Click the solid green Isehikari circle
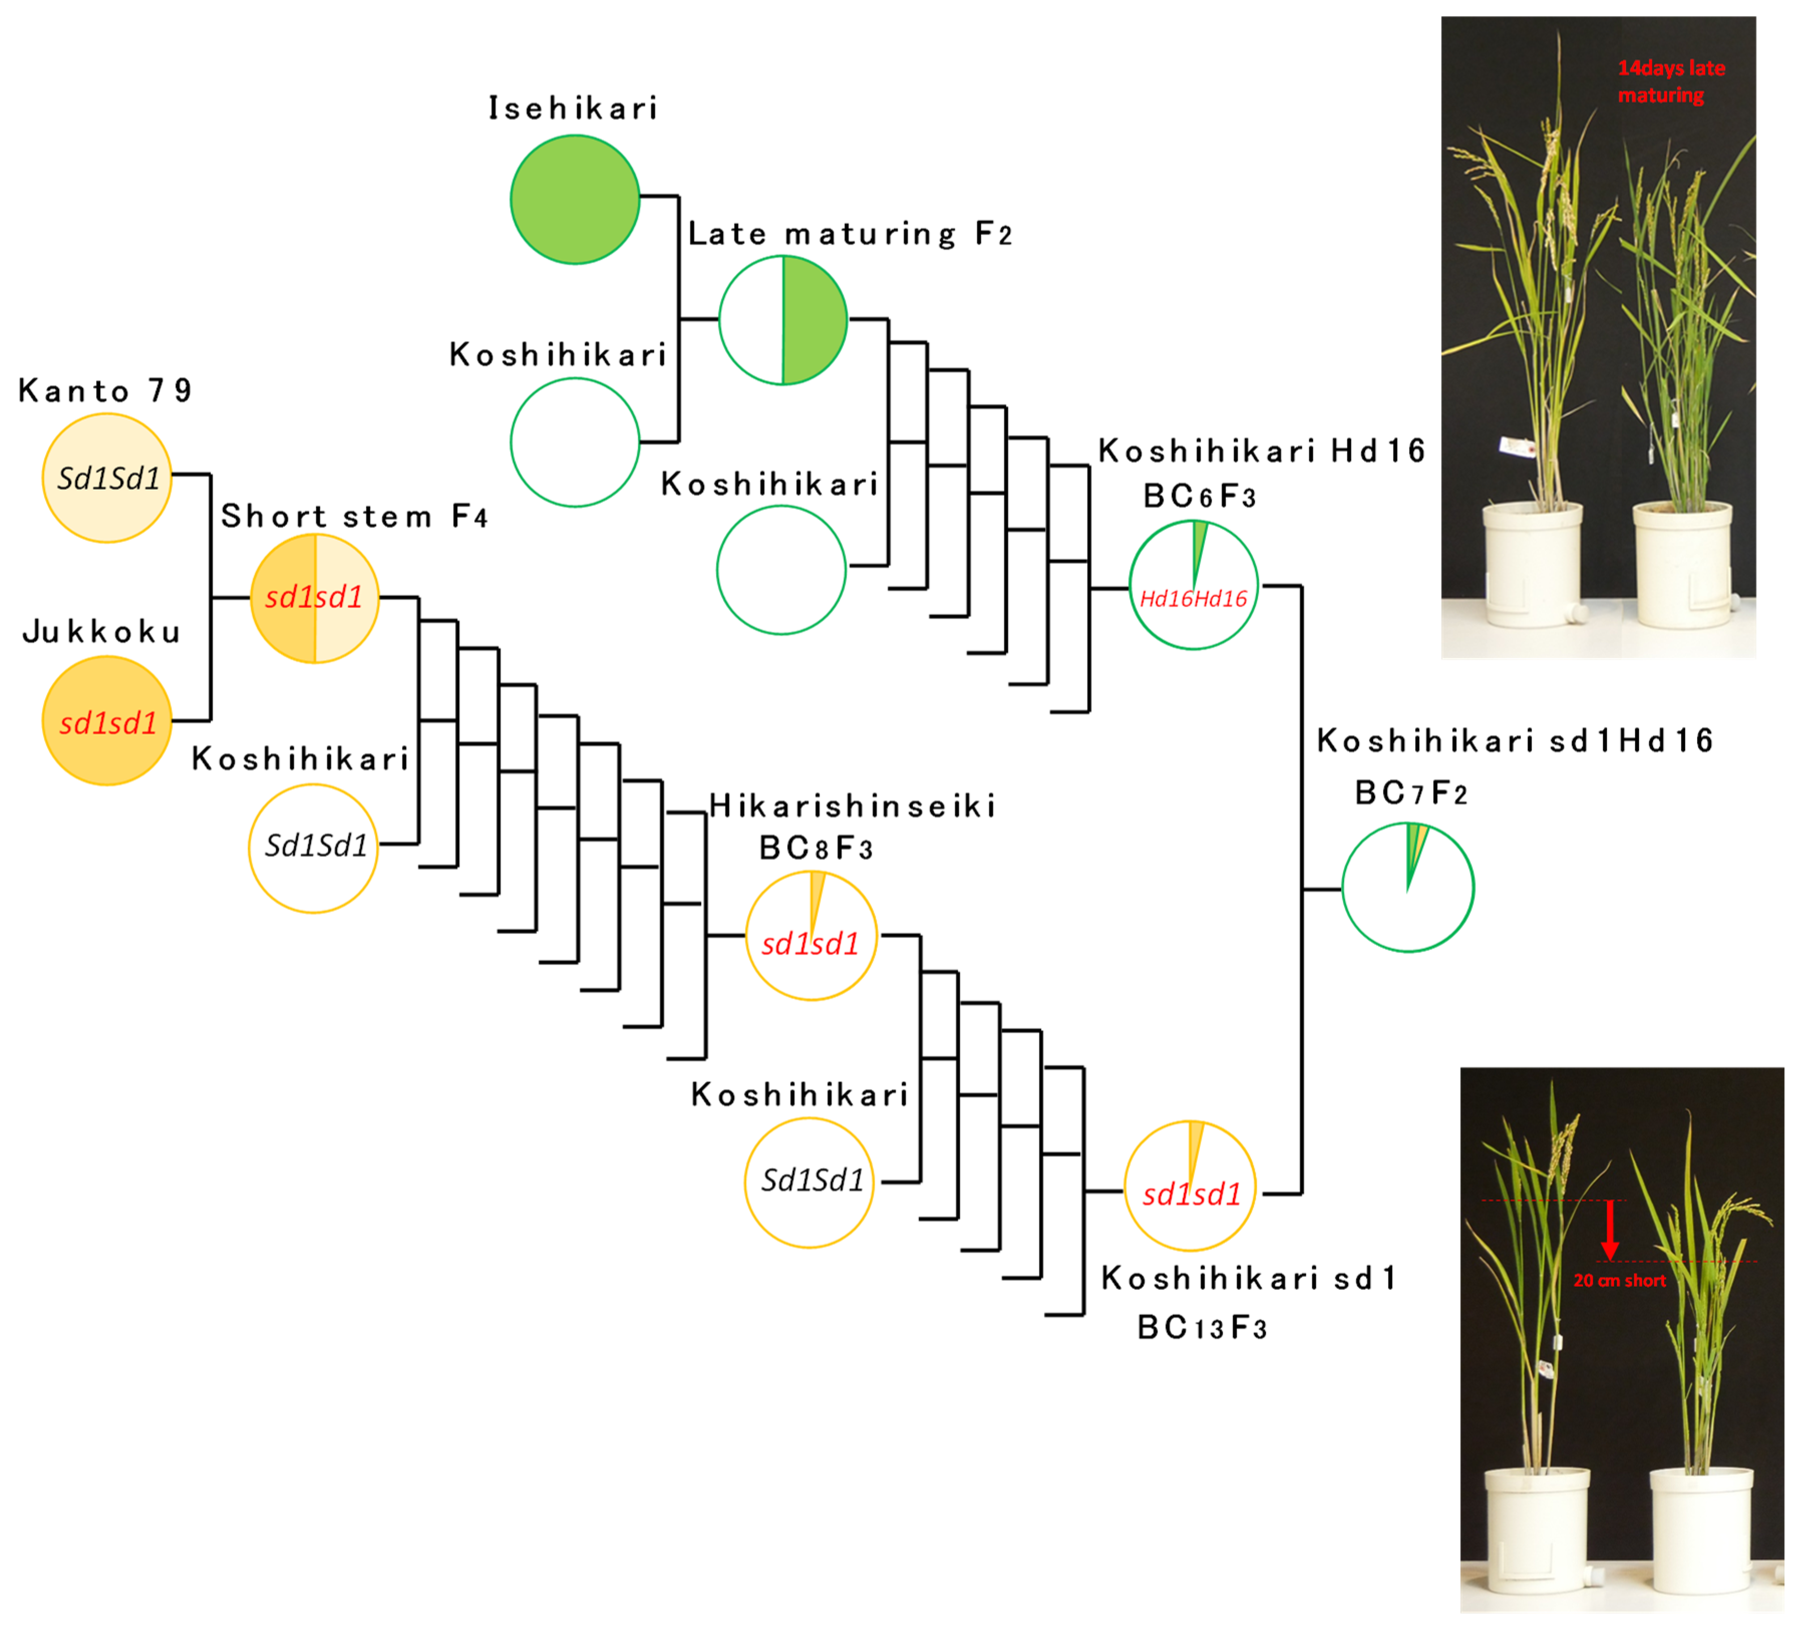pos(575,199)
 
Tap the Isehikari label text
pos(573,108)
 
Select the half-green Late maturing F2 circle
pos(783,320)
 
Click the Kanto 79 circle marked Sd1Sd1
pos(107,478)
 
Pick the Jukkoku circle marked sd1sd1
pos(107,721)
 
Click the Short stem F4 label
pos(354,516)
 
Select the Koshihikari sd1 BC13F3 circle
pos(1190,1187)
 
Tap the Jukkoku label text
pos(101,632)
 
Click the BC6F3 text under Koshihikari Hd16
pos(1199,496)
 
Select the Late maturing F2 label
pos(850,234)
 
